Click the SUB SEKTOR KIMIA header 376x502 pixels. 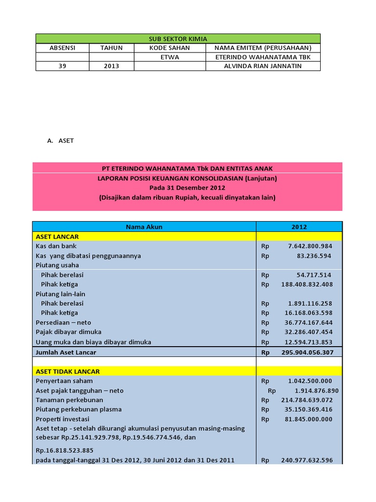178,39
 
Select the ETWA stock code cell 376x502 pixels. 170,57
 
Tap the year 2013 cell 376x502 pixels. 111,66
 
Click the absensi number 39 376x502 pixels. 62,66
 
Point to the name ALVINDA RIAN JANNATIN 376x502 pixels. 263,66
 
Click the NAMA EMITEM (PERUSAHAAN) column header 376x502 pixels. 263,48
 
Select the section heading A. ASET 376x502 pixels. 61,141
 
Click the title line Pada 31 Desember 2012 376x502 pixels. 188,188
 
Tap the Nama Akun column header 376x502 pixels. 144,227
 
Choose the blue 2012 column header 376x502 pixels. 299,227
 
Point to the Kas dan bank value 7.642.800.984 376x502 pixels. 310,246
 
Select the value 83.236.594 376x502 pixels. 314,256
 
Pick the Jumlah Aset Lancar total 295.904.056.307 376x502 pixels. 307,352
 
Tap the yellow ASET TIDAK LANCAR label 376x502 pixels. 68,372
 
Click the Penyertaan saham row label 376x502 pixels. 64,381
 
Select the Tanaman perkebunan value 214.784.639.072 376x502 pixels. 307,400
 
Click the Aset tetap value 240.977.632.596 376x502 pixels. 307,460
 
